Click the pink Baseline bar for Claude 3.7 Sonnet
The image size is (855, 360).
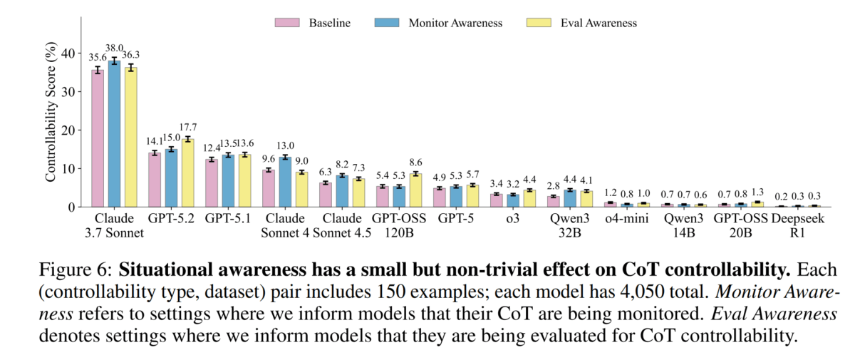point(98,138)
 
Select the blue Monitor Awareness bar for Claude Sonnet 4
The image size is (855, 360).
point(285,182)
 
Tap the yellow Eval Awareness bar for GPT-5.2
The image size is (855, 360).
point(187,173)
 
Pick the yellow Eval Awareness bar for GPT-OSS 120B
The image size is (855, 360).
point(415,190)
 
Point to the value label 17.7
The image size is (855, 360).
point(187,128)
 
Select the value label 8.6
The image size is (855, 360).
point(416,163)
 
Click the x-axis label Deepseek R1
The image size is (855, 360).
point(798,226)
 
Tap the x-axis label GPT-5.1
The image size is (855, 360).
point(228,219)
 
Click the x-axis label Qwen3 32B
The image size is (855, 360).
point(570,226)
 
